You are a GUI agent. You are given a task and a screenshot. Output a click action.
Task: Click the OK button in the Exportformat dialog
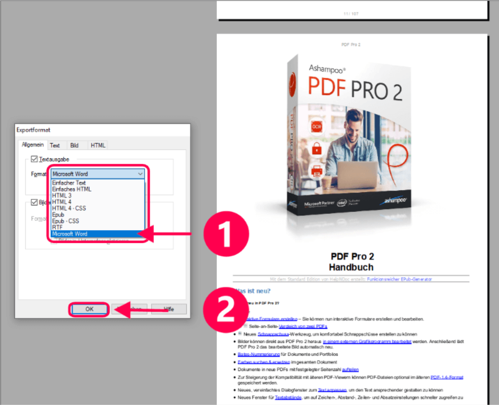[90, 309]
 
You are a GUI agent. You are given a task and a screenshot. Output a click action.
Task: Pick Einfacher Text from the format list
[69, 183]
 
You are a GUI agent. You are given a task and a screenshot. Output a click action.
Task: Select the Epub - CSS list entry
[66, 221]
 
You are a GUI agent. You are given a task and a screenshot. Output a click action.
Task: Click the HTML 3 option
[62, 196]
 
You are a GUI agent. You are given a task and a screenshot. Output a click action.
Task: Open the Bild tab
[74, 145]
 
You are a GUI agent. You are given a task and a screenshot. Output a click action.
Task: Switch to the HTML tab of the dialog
[98, 145]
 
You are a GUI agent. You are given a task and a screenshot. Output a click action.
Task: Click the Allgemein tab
[33, 145]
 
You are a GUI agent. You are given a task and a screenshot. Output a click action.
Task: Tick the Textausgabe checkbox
[35, 159]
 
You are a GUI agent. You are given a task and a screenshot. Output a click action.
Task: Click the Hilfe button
[169, 309]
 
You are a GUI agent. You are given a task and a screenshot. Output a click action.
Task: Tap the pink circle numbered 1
[227, 234]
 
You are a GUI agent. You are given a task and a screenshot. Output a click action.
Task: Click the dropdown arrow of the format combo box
[141, 174]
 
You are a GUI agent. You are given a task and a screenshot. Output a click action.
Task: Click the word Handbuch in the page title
[351, 267]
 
